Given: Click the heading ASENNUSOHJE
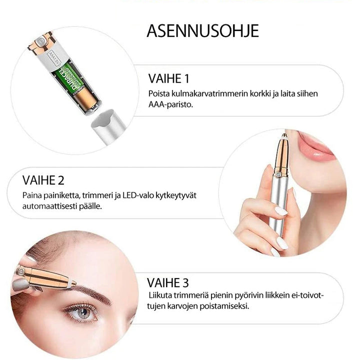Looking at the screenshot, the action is click(202, 31).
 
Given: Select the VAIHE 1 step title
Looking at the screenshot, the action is click(169, 78).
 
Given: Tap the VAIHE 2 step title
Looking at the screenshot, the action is click(43, 180).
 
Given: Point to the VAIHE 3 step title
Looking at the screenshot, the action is click(168, 282).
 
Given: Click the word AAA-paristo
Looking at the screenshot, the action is click(170, 104).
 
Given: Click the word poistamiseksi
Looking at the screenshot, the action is click(224, 306).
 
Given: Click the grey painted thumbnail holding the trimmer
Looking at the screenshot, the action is click(20, 285).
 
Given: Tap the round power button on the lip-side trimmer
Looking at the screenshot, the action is click(278, 174).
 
